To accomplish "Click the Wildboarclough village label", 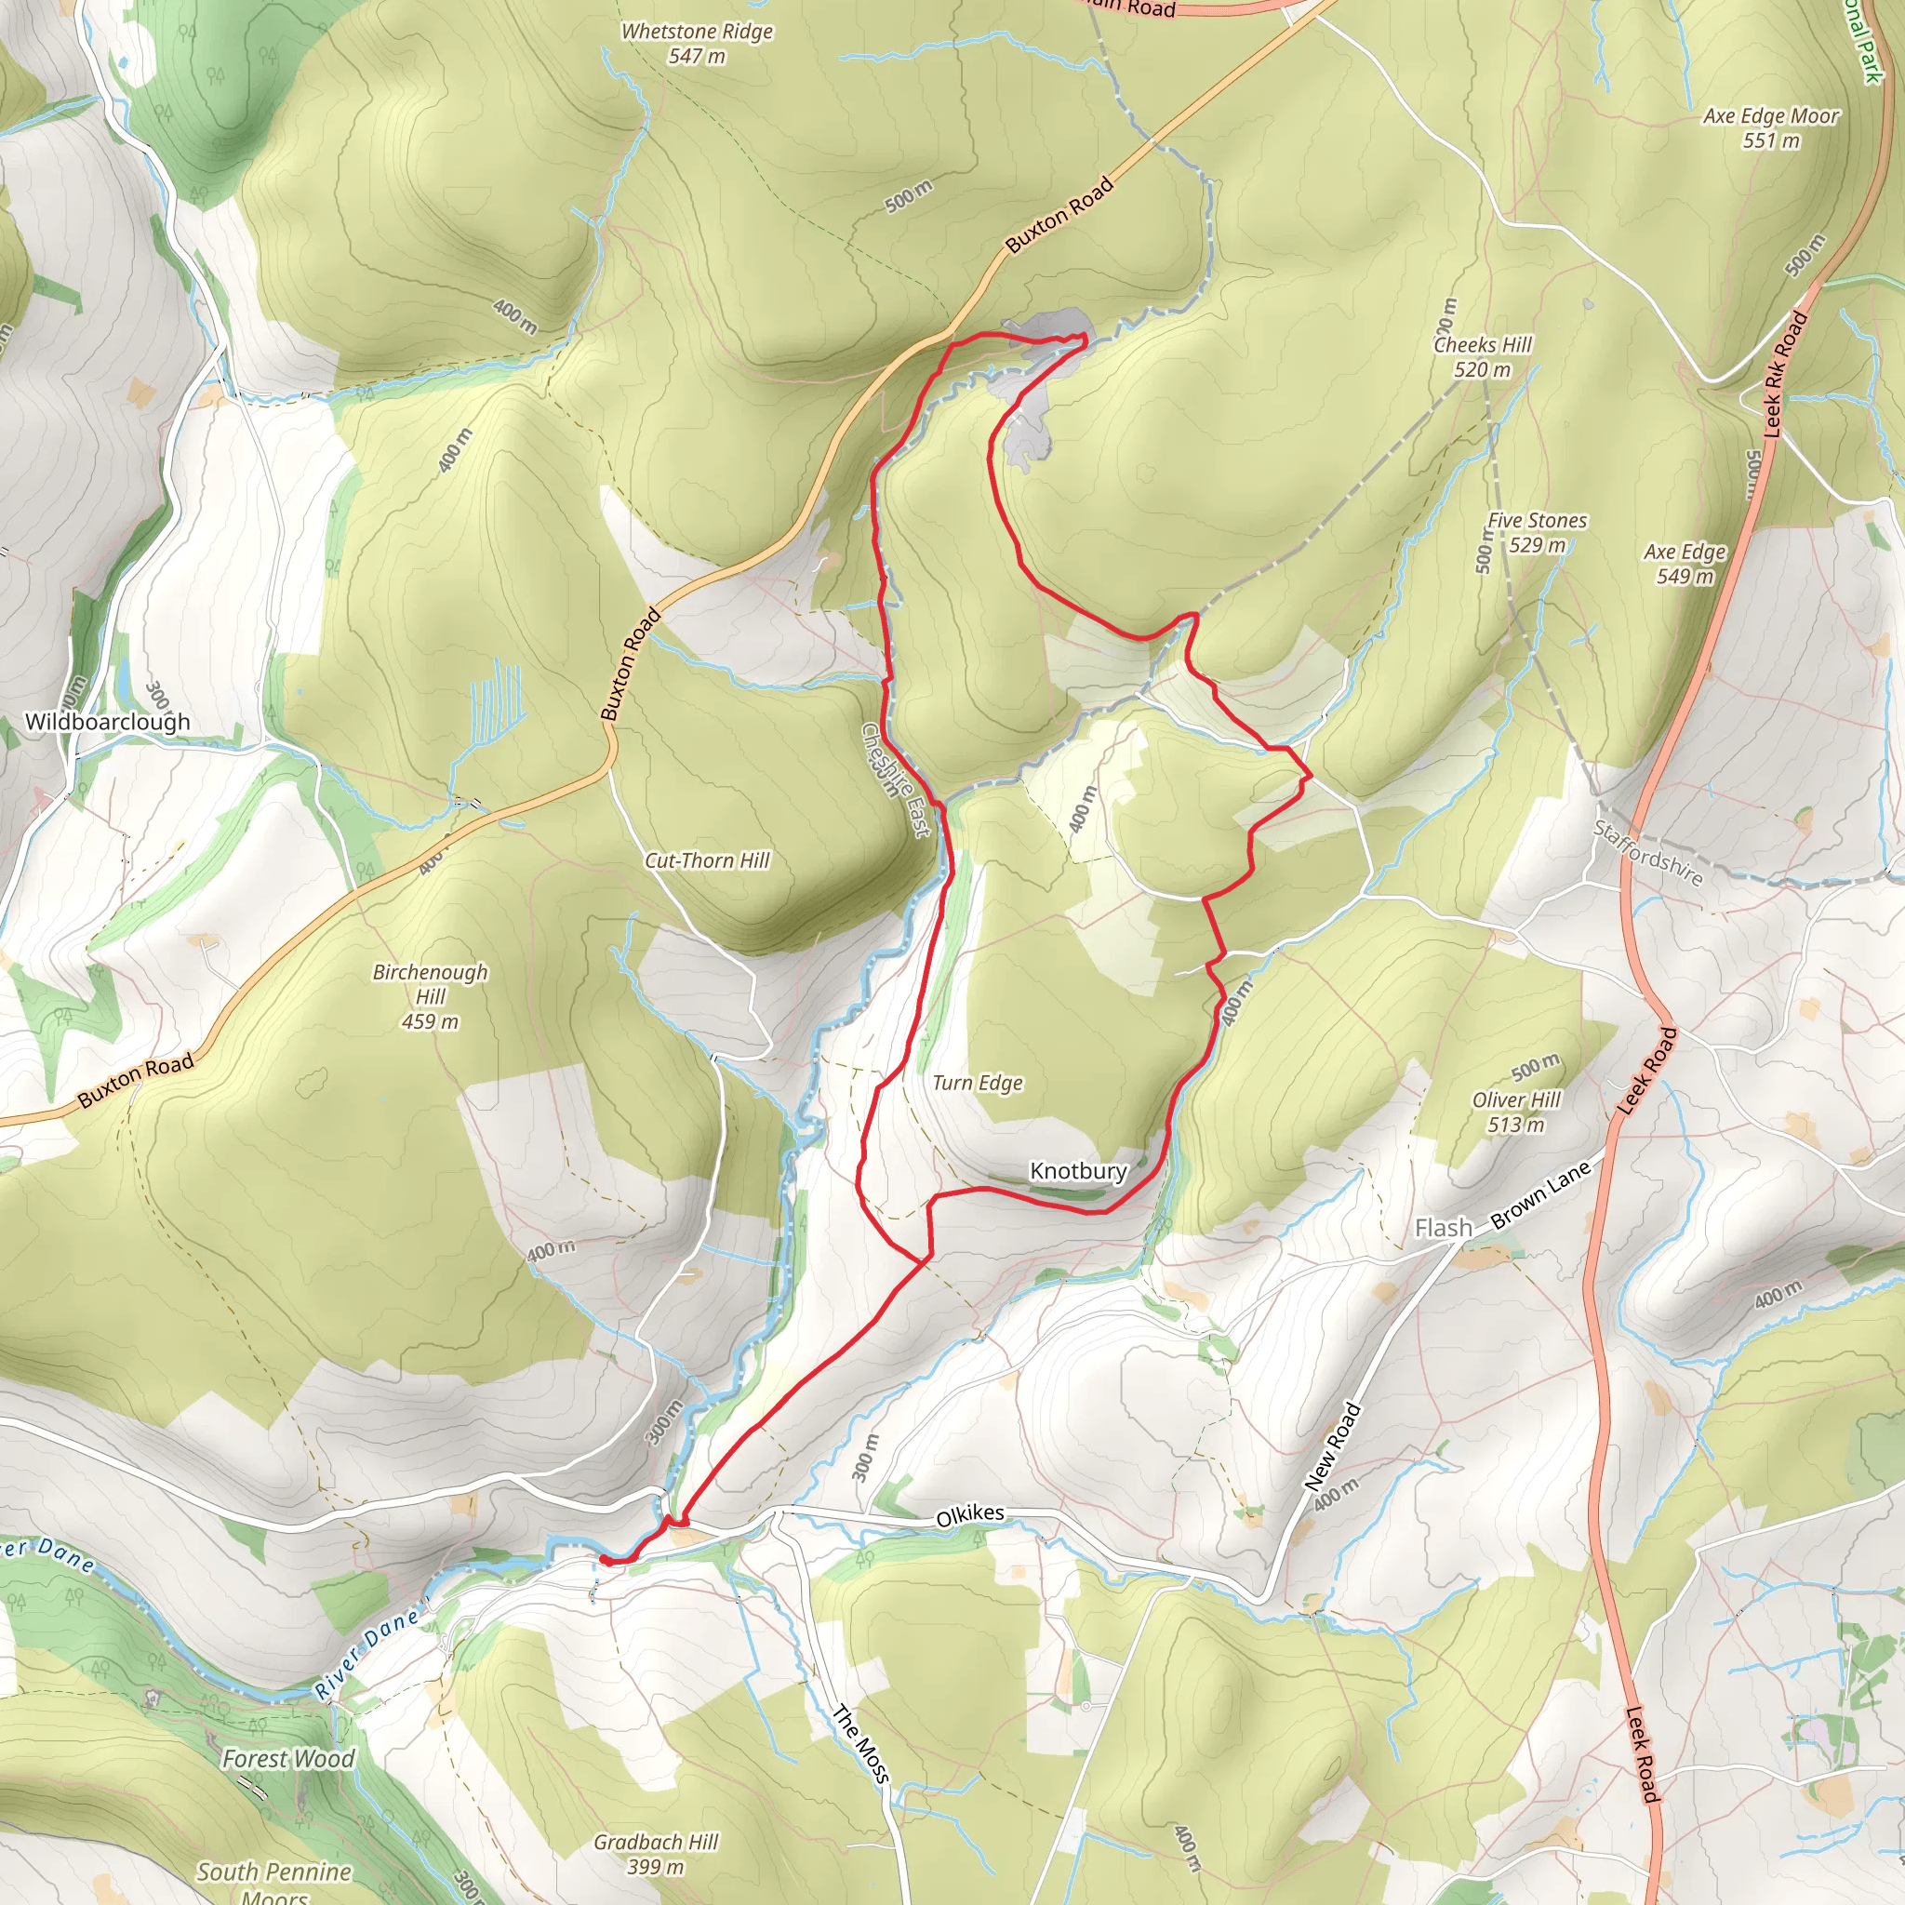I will tap(108, 722).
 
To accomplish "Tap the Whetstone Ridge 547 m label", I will tap(696, 44).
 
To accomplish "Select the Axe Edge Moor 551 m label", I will tap(1771, 128).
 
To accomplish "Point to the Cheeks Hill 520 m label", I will tap(1482, 357).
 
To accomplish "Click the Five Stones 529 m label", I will tap(1537, 532).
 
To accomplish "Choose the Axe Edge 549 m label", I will tap(1685, 564).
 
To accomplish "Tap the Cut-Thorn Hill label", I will tap(707, 860).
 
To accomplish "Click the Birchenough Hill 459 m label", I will tap(430, 996).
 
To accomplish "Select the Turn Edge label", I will tap(978, 1083).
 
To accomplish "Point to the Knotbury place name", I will tap(1078, 1170).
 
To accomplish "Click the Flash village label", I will tap(1444, 1228).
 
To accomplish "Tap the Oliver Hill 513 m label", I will tap(1515, 1112).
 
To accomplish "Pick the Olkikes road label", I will tap(970, 1515).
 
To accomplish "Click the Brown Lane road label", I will tap(1540, 1195).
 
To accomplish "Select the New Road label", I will tap(1332, 1446).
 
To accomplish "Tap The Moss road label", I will tap(861, 1743).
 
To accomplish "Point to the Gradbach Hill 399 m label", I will tap(656, 1854).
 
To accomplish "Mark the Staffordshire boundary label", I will tap(1647, 854).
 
